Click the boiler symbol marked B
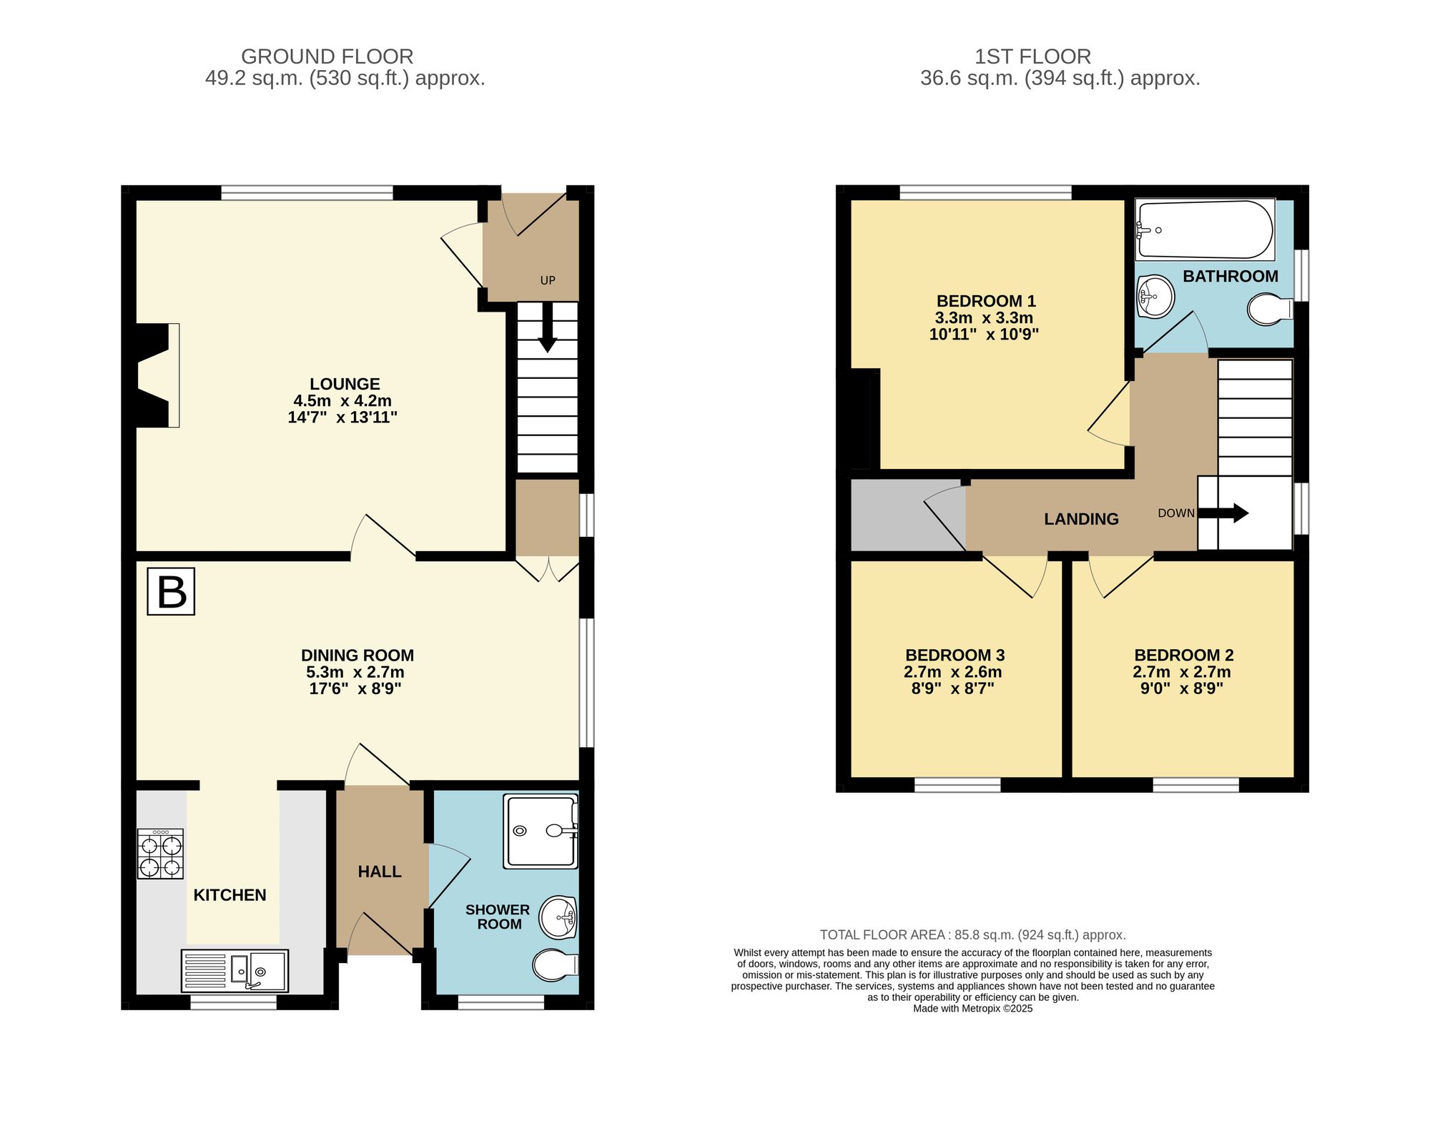pyautogui.click(x=171, y=591)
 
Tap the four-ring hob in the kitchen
pyautogui.click(x=160, y=854)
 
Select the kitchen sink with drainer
pyautogui.click(x=235, y=970)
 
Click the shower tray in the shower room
pyautogui.click(x=540, y=831)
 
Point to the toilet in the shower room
pyautogui.click(x=554, y=965)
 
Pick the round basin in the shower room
pyautogui.click(x=558, y=917)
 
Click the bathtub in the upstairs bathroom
pyautogui.click(x=1205, y=229)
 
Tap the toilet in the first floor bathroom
pyautogui.click(x=1269, y=310)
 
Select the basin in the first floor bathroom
pyautogui.click(x=1155, y=295)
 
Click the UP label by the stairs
pyautogui.click(x=548, y=280)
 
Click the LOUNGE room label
pyautogui.click(x=345, y=384)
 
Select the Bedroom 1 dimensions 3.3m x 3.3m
pyautogui.click(x=984, y=317)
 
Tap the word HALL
pyautogui.click(x=380, y=871)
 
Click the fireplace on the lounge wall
pyautogui.click(x=159, y=375)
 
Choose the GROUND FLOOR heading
pyautogui.click(x=327, y=56)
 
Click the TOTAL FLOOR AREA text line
pyautogui.click(x=972, y=934)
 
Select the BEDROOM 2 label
pyautogui.click(x=1183, y=655)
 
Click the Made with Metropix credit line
pyautogui.click(x=972, y=1009)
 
